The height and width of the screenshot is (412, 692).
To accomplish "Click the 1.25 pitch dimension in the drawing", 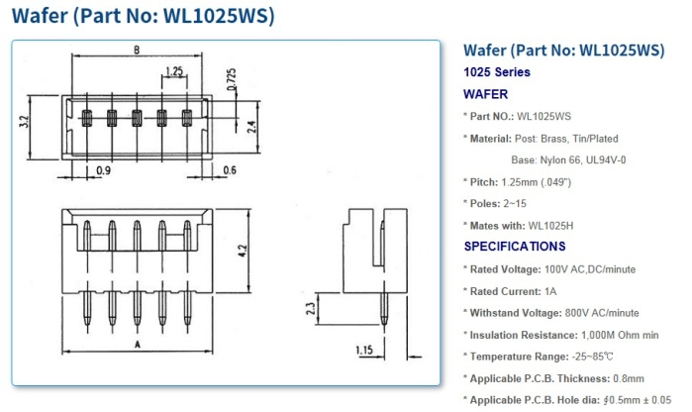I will [174, 71].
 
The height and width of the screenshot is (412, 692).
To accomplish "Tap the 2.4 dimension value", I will [251, 125].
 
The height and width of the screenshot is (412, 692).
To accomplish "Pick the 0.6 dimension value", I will [230, 169].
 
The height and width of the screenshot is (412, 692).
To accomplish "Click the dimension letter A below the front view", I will [135, 344].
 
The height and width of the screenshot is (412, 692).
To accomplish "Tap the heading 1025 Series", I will [497, 72].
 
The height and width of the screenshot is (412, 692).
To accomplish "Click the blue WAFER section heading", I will [486, 94].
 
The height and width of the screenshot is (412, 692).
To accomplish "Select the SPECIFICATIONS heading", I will [515, 246].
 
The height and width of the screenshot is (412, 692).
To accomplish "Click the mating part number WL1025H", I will [550, 225].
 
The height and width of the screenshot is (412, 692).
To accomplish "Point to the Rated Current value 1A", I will [550, 291].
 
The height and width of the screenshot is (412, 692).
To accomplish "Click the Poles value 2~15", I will [519, 203].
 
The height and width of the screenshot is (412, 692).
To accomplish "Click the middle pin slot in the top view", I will [137, 120].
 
